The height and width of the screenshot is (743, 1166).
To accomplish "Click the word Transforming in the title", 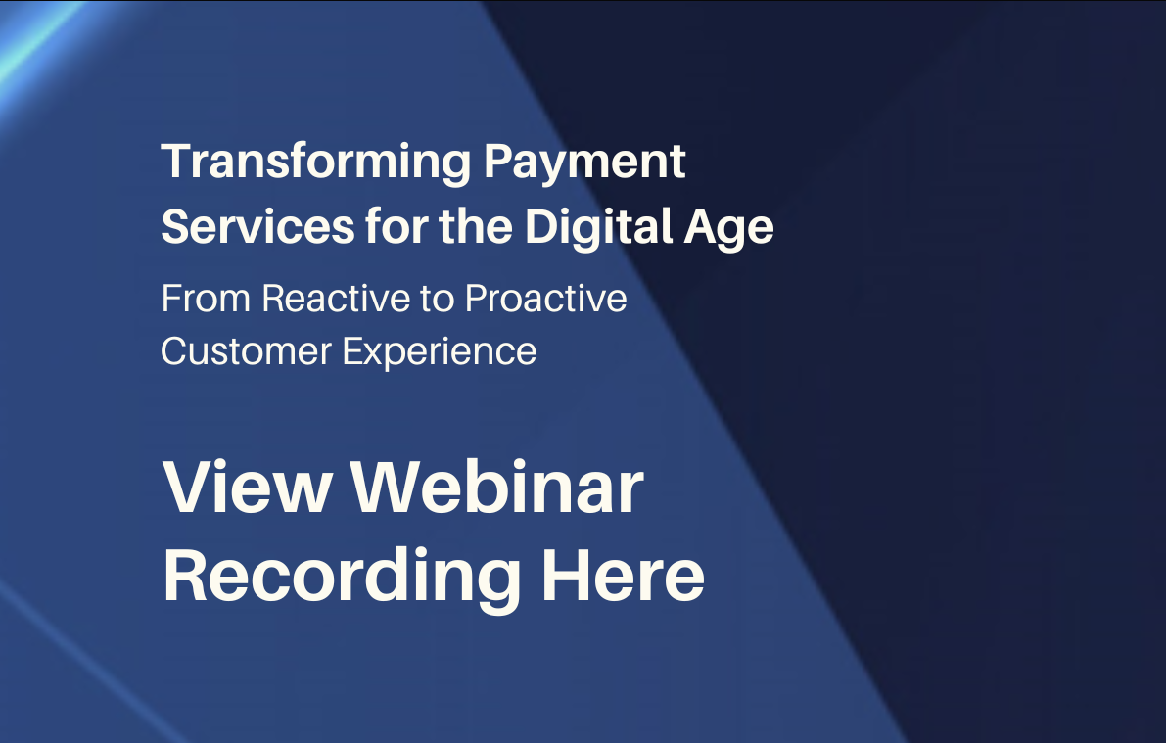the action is (x=316, y=163).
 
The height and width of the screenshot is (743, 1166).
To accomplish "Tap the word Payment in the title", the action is (x=584, y=163).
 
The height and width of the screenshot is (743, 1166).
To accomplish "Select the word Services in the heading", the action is (x=257, y=226).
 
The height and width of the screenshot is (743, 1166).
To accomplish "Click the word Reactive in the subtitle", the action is (x=336, y=299).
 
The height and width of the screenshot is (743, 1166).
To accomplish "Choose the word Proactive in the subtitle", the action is (x=546, y=299).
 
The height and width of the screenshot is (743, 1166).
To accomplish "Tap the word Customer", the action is (x=246, y=351).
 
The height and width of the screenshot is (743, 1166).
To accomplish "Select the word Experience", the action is (x=439, y=352).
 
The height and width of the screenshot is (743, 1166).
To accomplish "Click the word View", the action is (x=247, y=487).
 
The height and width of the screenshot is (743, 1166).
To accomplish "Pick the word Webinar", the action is (x=496, y=487).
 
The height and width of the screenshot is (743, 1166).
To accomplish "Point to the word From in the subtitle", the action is (x=206, y=299).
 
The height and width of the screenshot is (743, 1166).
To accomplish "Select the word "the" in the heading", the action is (x=475, y=226).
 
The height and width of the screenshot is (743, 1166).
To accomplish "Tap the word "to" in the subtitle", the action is (x=437, y=300).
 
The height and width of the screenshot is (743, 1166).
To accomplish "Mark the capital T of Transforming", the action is (x=178, y=161).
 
